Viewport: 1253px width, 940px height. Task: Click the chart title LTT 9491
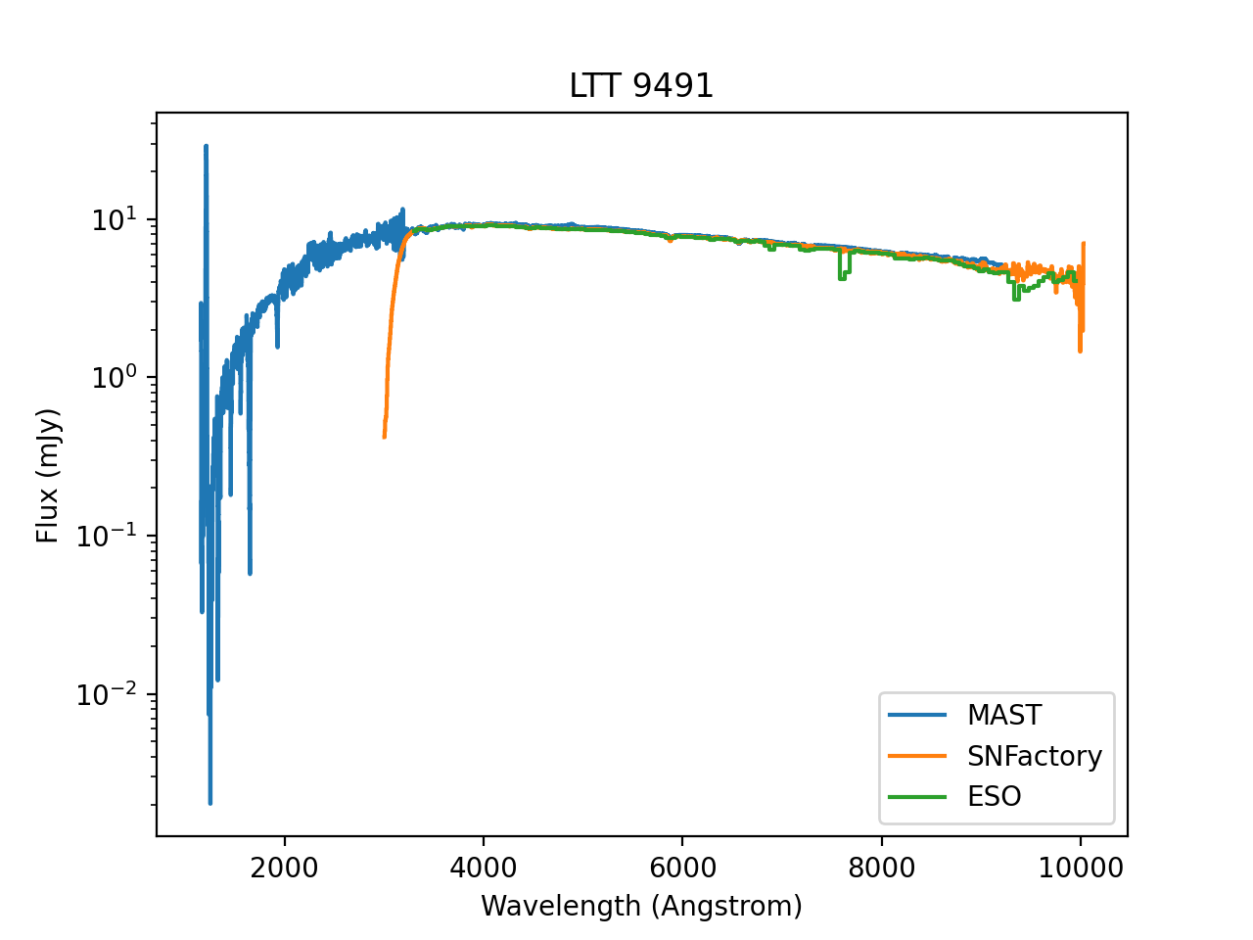pos(641,86)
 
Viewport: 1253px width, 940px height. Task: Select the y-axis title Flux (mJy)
pos(48,476)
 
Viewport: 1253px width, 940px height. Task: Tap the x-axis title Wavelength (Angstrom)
pos(641,906)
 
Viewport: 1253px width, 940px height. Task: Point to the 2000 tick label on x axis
pos(284,869)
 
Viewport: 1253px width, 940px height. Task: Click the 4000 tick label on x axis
pos(483,869)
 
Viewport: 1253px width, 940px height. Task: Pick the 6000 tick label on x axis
pos(681,869)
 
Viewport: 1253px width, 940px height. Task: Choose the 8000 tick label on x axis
pos(881,869)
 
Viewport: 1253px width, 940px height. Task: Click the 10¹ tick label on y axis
pos(116,220)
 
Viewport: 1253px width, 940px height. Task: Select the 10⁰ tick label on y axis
pos(116,379)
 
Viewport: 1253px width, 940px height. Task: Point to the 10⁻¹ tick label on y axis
pos(111,538)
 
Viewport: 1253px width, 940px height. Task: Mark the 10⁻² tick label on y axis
pos(111,696)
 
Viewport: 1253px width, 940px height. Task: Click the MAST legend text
pos(1004,716)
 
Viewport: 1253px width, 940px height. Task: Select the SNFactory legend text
pos(1035,756)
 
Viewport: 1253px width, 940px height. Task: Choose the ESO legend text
pos(995,797)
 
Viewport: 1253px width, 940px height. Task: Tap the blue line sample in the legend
pos(917,716)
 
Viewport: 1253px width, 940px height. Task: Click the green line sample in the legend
pos(917,797)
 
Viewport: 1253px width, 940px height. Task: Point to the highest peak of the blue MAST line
pos(206,146)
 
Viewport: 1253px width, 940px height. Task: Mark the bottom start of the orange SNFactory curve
pos(384,437)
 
